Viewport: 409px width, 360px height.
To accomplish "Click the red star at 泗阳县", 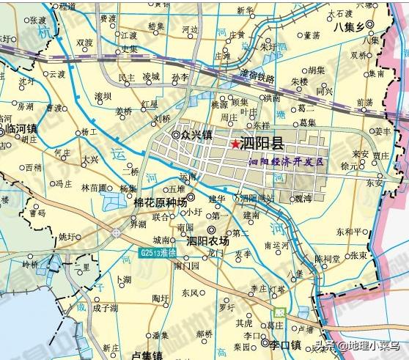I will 235,144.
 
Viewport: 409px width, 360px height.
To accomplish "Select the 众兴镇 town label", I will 197,135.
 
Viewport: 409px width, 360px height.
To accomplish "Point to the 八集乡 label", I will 348,26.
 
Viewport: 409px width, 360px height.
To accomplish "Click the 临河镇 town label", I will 21,128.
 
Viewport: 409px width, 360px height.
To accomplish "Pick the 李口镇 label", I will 286,344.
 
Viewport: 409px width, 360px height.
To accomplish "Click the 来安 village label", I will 360,154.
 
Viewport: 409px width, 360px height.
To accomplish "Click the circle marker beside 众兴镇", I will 176,135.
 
